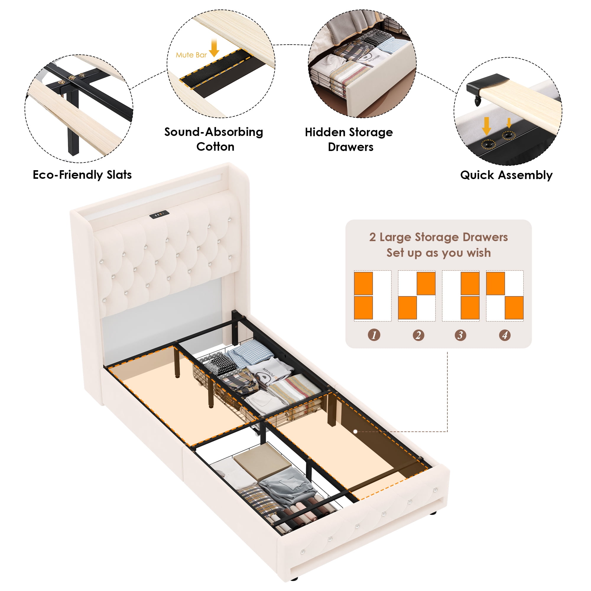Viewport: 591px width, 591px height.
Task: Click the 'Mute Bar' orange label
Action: pos(191,55)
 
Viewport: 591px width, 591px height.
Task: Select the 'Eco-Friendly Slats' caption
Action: pos(82,175)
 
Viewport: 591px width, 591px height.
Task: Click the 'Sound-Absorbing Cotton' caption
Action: pos(214,139)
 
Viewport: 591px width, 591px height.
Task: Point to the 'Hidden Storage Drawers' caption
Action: pos(349,139)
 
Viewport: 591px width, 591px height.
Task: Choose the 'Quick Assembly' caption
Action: pos(506,175)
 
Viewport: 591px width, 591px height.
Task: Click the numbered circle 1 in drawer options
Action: pos(374,335)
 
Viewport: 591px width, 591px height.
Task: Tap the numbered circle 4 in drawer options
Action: pos(505,335)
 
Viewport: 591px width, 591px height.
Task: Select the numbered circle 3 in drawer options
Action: pos(460,335)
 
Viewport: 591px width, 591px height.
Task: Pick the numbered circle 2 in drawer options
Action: pos(418,335)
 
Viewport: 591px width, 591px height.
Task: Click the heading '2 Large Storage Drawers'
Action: pos(438,237)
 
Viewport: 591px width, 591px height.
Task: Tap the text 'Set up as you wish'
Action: pos(438,253)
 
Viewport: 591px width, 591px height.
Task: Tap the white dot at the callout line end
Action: pos(355,432)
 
